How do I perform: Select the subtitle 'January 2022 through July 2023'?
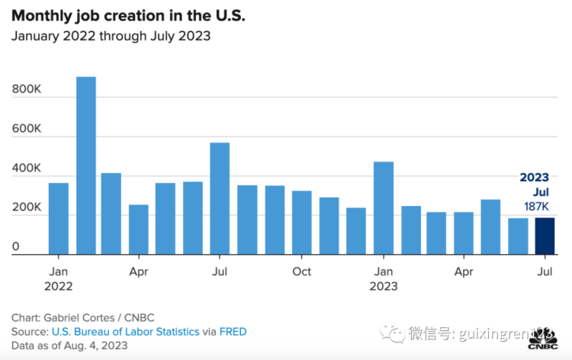tap(111, 36)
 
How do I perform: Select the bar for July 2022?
tap(220, 198)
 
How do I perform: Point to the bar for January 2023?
tap(384, 207)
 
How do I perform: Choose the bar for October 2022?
tap(302, 222)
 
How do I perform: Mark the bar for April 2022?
tap(139, 229)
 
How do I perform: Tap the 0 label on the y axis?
tap(16, 246)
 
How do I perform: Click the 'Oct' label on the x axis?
tap(302, 272)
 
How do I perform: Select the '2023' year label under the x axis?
tap(384, 286)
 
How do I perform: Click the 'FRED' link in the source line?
tap(233, 332)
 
